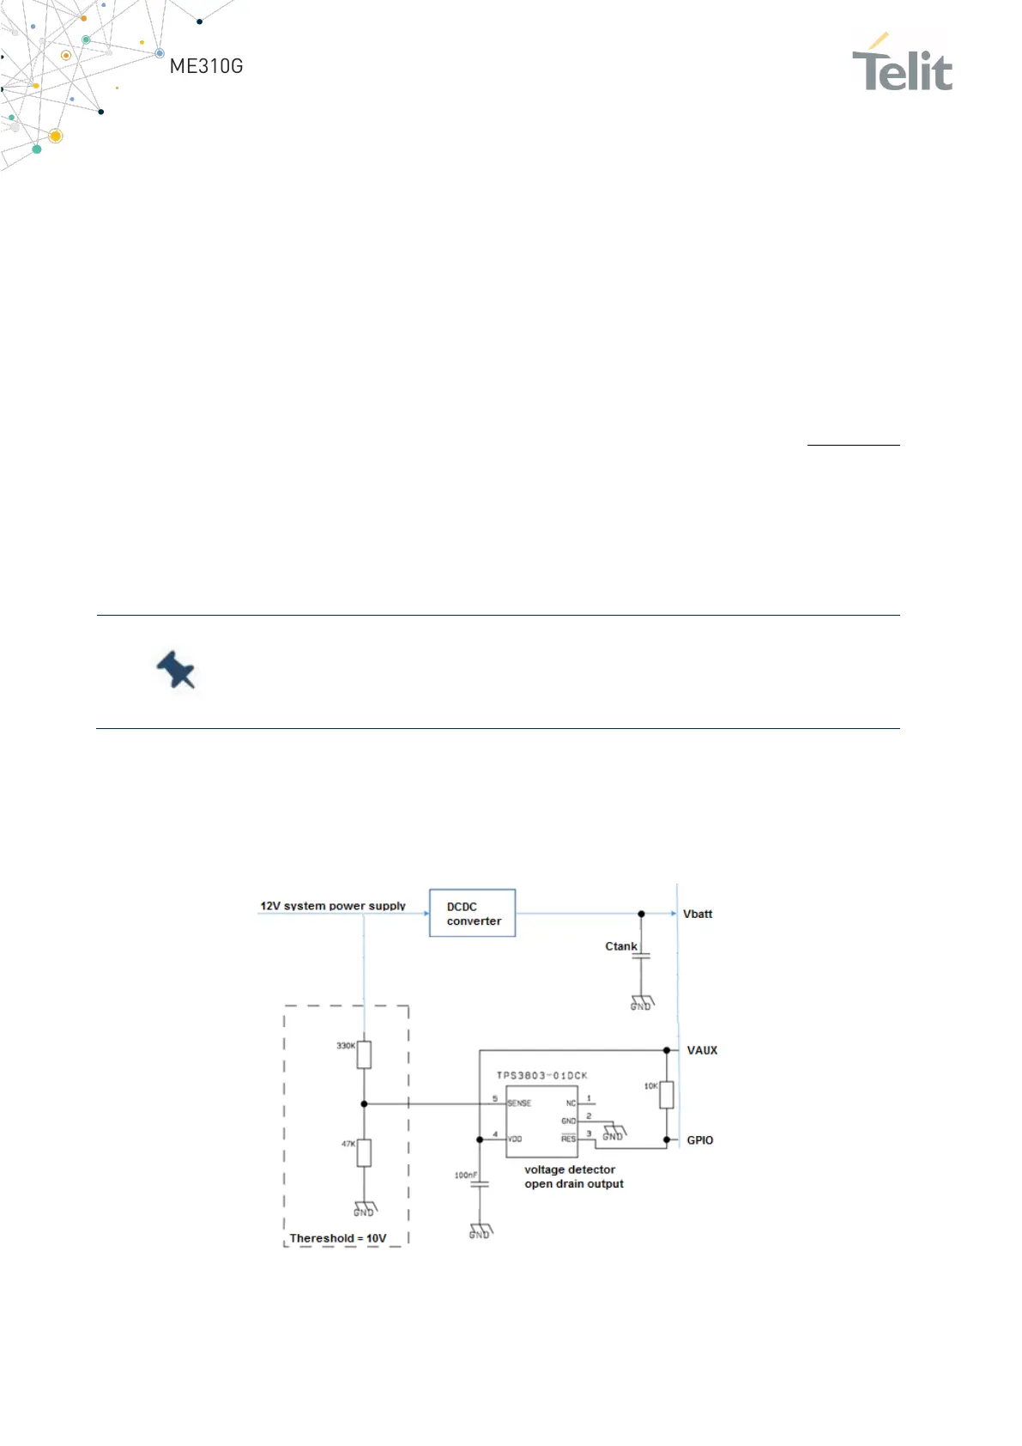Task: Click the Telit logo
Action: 902,64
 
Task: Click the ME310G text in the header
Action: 206,66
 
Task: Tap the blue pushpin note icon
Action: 176,670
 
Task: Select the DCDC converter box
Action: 472,913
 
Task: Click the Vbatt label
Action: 698,914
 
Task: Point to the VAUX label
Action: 702,1050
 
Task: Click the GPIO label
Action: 699,1140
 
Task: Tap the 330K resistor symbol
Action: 364,1054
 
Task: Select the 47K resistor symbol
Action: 364,1152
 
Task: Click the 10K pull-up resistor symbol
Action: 667,1095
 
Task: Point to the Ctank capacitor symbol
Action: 641,955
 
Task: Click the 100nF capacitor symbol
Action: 480,1184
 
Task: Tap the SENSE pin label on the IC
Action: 519,1103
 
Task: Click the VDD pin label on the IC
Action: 515,1139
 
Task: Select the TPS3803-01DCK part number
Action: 541,1075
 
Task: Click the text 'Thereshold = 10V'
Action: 338,1238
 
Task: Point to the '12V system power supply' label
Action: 333,906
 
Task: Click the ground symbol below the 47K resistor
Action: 365,1209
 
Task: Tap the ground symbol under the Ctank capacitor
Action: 642,1003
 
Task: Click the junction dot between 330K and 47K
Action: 364,1103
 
